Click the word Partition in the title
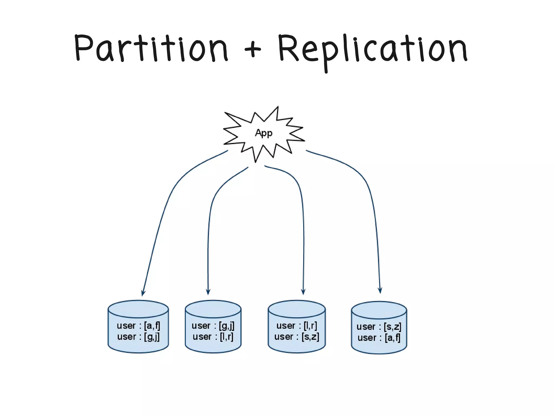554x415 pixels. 151,49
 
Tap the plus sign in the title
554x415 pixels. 252,49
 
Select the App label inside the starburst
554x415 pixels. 264,133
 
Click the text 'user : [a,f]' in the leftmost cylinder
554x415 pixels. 138,326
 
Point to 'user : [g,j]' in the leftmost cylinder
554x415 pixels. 138,337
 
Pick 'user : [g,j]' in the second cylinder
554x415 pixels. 213,326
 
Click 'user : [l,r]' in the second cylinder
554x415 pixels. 213,337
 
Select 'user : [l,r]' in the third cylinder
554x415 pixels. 297,326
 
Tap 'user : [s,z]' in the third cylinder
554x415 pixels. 297,337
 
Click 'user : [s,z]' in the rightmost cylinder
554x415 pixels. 379,327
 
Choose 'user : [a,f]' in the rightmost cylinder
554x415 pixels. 379,338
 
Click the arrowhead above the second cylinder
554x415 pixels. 208,292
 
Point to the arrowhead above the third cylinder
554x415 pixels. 303,292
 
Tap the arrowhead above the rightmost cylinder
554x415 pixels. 380,291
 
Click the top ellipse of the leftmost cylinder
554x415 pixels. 138,309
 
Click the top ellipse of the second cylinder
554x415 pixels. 213,309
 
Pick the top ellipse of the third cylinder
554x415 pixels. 297,309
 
